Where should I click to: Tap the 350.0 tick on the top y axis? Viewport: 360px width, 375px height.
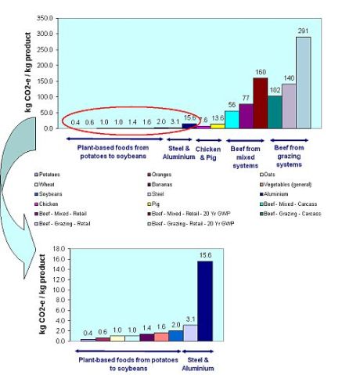[x=46, y=17]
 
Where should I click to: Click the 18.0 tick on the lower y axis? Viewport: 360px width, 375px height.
[x=58, y=249]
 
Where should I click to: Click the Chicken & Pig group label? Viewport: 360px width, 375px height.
[x=207, y=149]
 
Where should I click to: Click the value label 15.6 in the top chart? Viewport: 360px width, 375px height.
[x=189, y=118]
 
